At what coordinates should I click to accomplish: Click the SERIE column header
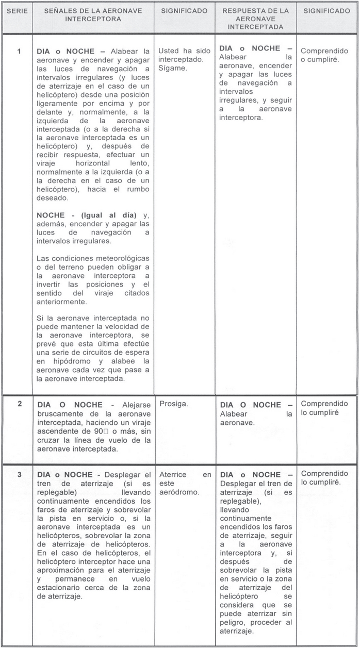coord(17,11)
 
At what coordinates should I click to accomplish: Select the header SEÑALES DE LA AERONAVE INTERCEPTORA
coord(93,14)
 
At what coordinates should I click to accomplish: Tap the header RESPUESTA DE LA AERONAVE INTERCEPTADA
coord(255,19)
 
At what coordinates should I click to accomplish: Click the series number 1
coord(19,51)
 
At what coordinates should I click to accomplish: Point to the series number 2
coord(19,404)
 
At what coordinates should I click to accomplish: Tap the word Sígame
coord(173,69)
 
